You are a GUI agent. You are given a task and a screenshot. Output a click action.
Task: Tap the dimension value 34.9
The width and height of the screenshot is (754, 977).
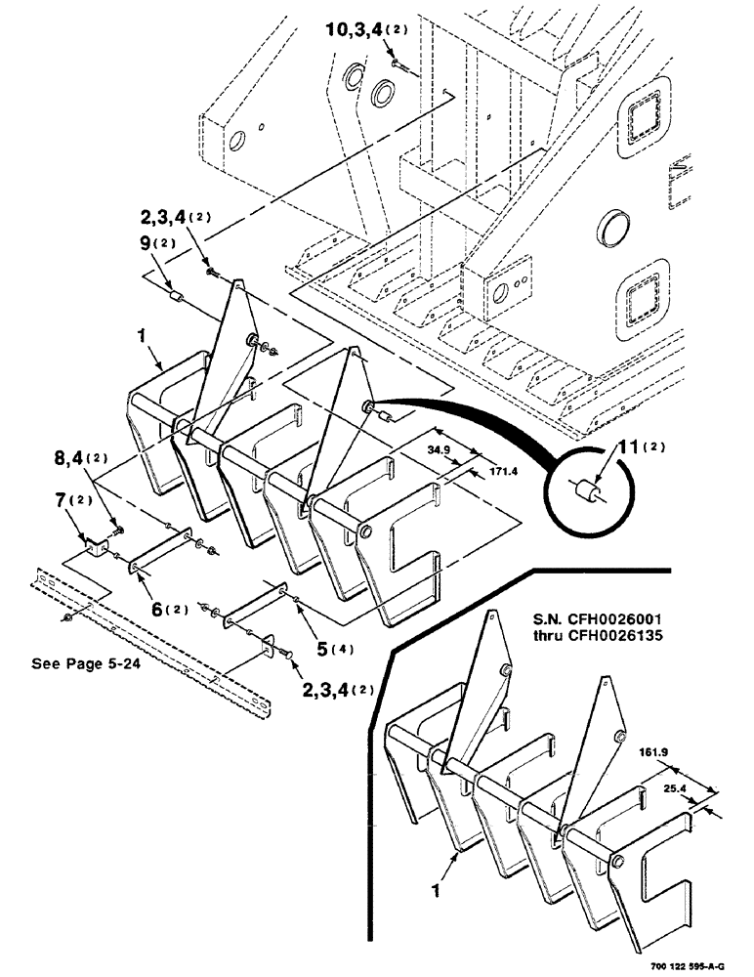tap(441, 450)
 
